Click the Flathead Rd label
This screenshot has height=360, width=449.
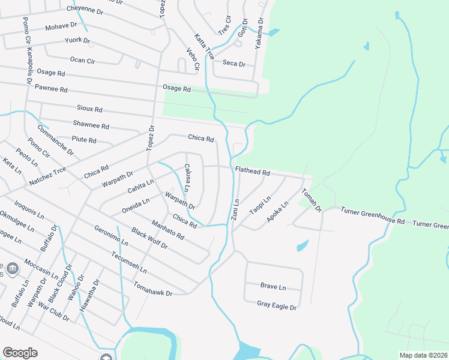pyautogui.click(x=252, y=172)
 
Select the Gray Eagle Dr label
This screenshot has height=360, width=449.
pyautogui.click(x=277, y=307)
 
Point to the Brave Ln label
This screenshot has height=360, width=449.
pyautogui.click(x=273, y=286)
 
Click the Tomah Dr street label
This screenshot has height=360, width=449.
pyautogui.click(x=312, y=200)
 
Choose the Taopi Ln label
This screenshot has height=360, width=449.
pyautogui.click(x=261, y=205)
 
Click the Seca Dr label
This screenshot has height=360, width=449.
pyautogui.click(x=234, y=64)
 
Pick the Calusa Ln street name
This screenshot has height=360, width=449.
pyautogui.click(x=187, y=178)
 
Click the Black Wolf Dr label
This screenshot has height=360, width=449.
pyautogui.click(x=149, y=239)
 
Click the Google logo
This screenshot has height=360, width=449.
pyautogui.click(x=20, y=353)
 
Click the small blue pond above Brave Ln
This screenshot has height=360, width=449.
pyautogui.click(x=303, y=246)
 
